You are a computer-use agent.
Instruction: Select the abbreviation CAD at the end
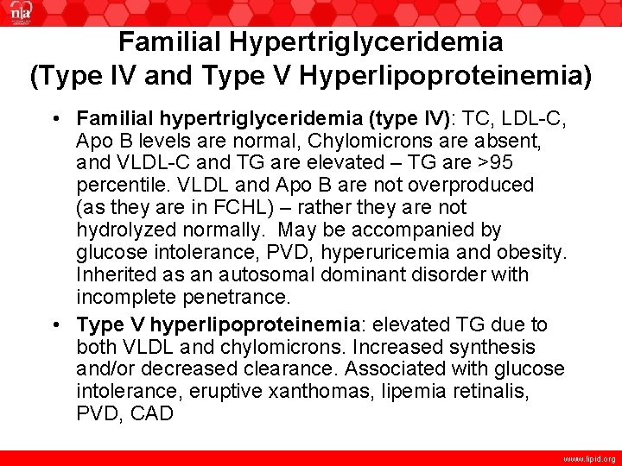click(152, 414)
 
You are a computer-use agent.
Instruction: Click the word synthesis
click(486, 347)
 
